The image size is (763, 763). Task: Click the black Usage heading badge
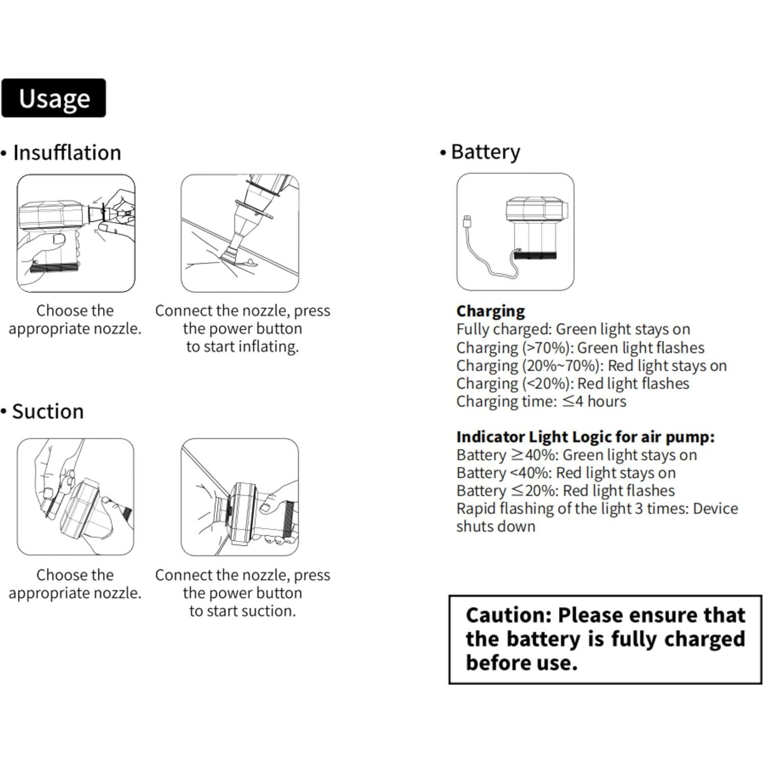[54, 98]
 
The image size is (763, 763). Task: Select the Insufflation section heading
[67, 153]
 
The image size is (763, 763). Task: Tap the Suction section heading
[48, 411]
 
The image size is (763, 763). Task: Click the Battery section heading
[485, 152]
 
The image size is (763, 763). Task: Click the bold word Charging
[490, 311]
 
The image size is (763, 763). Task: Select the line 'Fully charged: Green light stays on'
[573, 329]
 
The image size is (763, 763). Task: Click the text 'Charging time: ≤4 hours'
[541, 401]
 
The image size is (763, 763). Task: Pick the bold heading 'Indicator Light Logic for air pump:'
[585, 437]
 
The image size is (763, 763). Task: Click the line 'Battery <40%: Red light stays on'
[566, 472]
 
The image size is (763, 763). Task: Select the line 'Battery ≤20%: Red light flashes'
[565, 490]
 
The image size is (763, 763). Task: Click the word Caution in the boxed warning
[508, 615]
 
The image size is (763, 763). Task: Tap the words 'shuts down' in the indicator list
[495, 526]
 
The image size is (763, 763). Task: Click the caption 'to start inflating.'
[242, 347]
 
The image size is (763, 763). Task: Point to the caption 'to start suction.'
[242, 611]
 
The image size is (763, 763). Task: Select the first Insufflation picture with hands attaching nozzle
[76, 233]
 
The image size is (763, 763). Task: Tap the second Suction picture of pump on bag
[240, 497]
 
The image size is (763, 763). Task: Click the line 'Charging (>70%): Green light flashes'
[580, 348]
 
